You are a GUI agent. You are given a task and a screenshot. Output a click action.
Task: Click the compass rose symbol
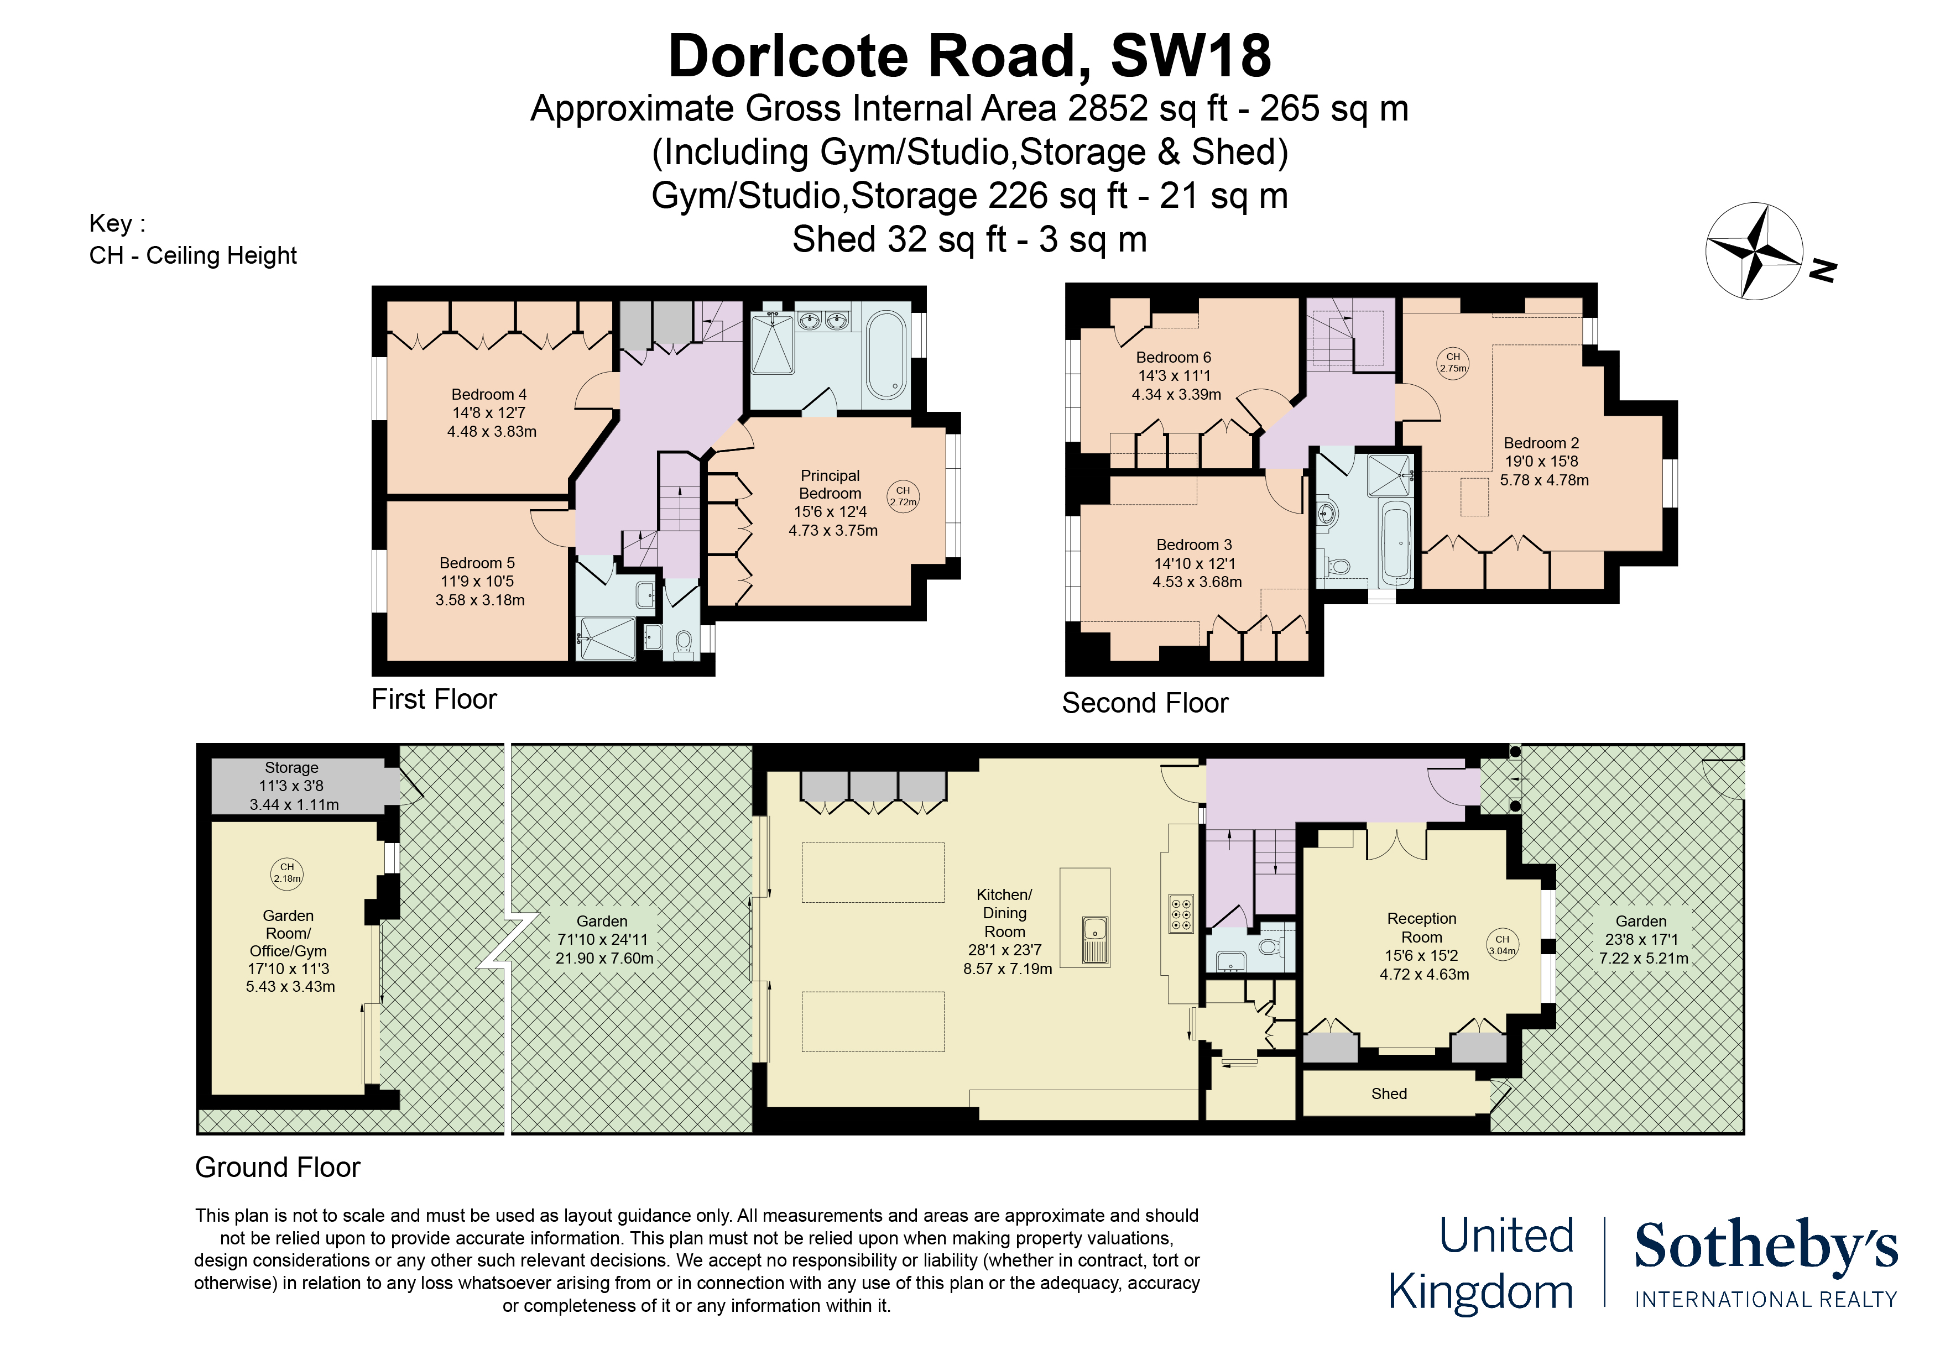coord(1754,251)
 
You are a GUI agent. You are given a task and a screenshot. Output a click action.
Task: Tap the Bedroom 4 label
coord(489,395)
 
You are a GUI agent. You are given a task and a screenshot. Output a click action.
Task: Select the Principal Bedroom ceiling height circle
coord(903,496)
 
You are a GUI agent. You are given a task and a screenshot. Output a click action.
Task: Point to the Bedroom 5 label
coord(477,563)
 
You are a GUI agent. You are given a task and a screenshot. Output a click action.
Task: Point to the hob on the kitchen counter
coord(1181,913)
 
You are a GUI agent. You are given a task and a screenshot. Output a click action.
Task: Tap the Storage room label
coord(291,768)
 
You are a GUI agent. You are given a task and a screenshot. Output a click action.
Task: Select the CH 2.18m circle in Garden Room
coord(287,872)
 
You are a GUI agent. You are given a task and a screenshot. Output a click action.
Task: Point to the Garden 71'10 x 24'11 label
coord(603,939)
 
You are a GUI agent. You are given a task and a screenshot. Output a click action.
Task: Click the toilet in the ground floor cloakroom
coord(1269,946)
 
